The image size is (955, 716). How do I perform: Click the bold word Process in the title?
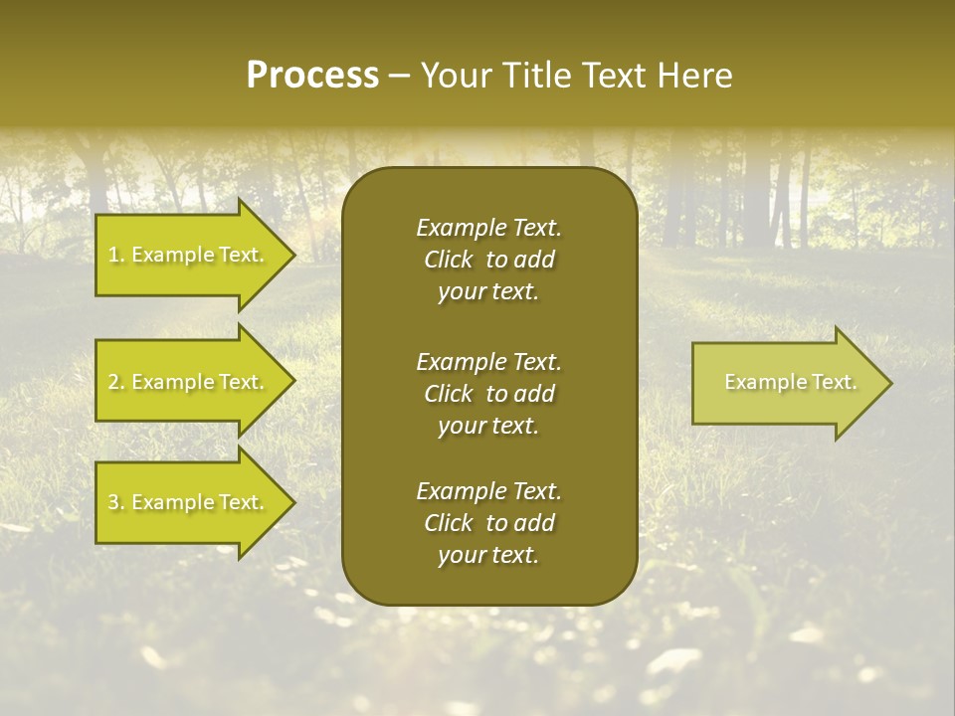coord(312,76)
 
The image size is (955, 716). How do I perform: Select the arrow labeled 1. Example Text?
coord(189,255)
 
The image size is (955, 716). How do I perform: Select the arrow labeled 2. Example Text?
coord(189,382)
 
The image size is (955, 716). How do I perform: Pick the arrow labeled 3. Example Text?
coord(189,503)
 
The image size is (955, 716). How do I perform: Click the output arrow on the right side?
coord(786,383)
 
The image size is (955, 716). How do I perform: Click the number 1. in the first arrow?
coord(116,255)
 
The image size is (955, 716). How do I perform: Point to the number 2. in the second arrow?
coord(116,382)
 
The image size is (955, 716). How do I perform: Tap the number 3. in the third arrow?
coord(116,503)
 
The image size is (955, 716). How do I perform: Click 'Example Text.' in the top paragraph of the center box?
coord(488,228)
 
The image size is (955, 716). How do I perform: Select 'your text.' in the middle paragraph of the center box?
coord(488,426)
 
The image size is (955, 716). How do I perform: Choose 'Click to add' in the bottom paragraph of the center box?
coord(488,523)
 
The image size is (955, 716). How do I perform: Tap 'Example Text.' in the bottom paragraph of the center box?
coord(488,491)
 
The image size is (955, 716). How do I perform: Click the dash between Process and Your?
coord(399,76)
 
